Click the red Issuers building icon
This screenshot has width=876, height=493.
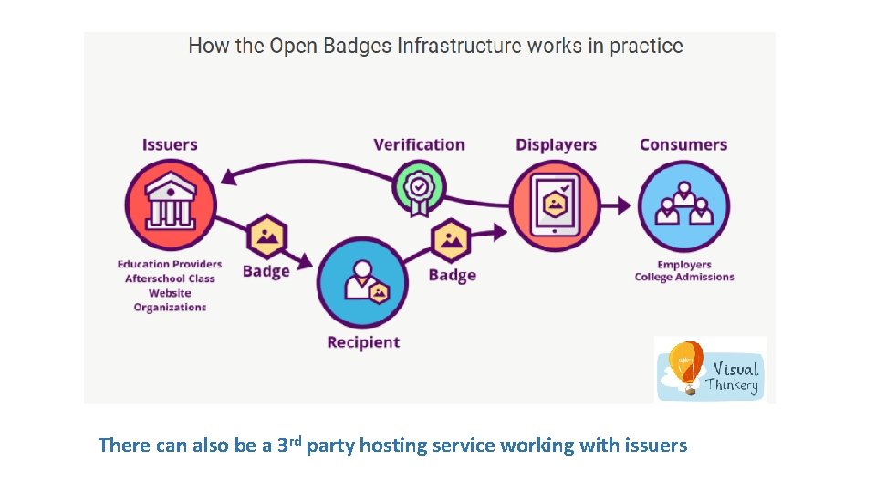[171, 205]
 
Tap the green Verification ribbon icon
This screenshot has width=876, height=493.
[419, 188]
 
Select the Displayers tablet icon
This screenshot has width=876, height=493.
[555, 206]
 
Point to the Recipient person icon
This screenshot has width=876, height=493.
[363, 282]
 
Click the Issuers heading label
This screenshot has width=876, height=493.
[170, 144]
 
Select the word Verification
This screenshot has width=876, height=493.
[419, 144]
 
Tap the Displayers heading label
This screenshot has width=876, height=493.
[556, 144]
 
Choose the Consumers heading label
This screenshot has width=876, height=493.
[683, 144]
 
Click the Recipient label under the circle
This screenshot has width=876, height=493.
[363, 342]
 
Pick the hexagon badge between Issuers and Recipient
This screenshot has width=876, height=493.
[266, 237]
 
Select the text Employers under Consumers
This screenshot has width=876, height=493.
[684, 265]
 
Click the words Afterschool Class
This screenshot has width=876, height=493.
[170, 278]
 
